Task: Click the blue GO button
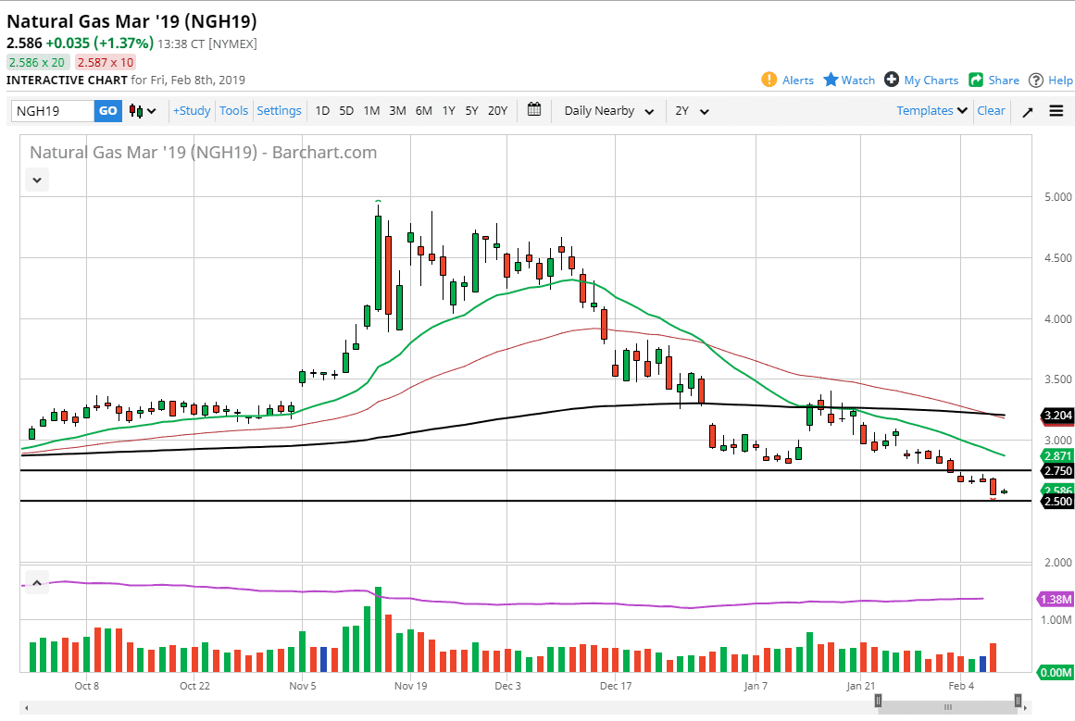(x=108, y=111)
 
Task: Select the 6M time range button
(x=423, y=111)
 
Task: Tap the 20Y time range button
(x=497, y=111)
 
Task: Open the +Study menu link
(x=192, y=111)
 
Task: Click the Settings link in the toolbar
(x=279, y=111)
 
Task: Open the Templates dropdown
(x=931, y=111)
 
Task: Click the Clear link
(x=991, y=111)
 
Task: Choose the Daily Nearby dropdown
(x=608, y=111)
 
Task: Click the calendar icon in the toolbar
(x=534, y=110)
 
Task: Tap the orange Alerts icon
(x=769, y=80)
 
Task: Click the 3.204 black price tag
(x=1056, y=416)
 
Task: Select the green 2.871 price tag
(x=1056, y=456)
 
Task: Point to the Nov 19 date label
(x=409, y=686)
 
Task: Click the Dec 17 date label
(x=615, y=686)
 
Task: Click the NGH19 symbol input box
(x=53, y=111)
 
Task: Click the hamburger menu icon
(x=1056, y=111)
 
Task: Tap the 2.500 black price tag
(x=1056, y=502)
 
